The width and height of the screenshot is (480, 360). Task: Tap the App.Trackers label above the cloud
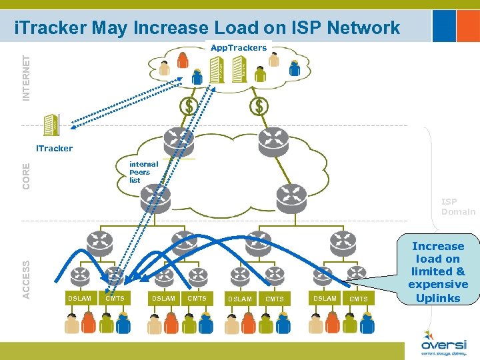pyautogui.click(x=238, y=48)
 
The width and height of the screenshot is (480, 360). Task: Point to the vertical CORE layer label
pyautogui.click(x=26, y=175)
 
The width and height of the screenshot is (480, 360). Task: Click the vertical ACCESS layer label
pyautogui.click(x=26, y=270)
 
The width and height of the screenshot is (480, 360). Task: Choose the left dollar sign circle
pyautogui.click(x=189, y=106)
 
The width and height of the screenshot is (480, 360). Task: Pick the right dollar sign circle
pyautogui.click(x=259, y=106)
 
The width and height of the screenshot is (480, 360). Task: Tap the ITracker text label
pyautogui.click(x=54, y=148)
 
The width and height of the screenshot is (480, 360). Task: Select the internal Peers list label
pyautogui.click(x=143, y=172)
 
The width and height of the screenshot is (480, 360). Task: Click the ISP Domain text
pyautogui.click(x=458, y=207)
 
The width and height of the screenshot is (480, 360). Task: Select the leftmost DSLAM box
pyautogui.click(x=79, y=298)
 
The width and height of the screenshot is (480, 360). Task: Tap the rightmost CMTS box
pyautogui.click(x=359, y=299)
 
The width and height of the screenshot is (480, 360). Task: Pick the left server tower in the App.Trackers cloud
pyautogui.click(x=216, y=69)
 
